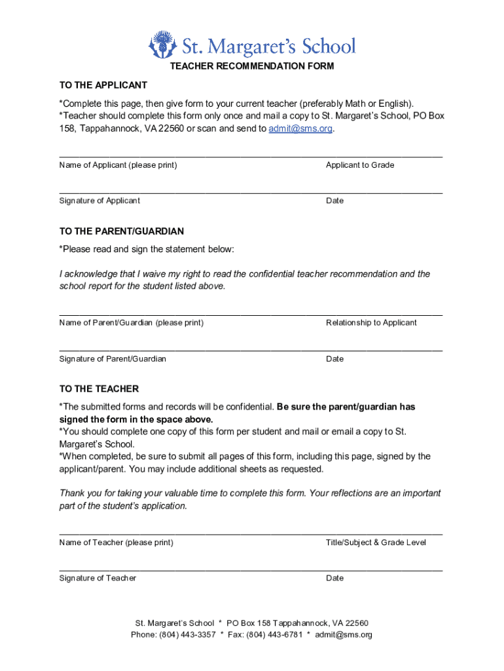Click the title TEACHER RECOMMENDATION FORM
point(252,66)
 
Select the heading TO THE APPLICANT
point(103,85)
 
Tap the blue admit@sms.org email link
point(300,128)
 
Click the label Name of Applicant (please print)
point(118,165)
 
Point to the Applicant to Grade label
point(360,165)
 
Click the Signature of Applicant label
point(99,201)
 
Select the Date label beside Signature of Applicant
point(334,201)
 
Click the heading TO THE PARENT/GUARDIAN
point(122,231)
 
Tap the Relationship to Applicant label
point(371,322)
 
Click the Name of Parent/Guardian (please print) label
point(131,322)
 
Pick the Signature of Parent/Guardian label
point(113,358)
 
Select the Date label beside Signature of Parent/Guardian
point(334,358)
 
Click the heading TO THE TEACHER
point(99,389)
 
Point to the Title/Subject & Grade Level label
point(376,543)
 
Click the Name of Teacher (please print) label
point(116,543)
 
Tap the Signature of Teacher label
point(98,578)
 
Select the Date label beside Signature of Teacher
point(334,578)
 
